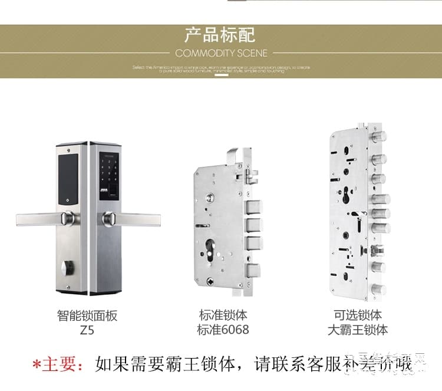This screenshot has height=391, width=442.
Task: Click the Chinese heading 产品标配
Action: point(220,34)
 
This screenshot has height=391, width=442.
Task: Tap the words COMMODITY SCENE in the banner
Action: point(221,53)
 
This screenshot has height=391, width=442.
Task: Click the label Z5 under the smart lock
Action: point(87,330)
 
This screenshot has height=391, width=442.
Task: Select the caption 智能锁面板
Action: point(87,316)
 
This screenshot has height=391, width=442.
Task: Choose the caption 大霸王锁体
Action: point(358,330)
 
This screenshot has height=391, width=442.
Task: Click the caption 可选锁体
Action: point(358,316)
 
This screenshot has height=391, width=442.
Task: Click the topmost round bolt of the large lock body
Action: point(378,139)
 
